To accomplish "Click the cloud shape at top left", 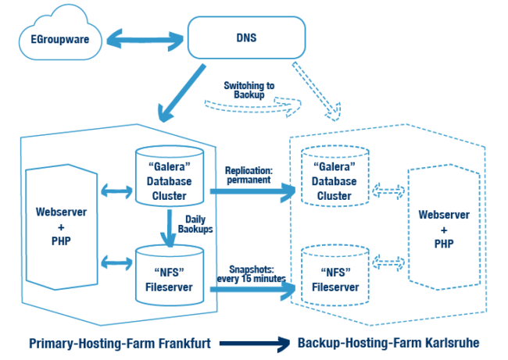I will click(55, 36).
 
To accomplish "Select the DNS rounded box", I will click(244, 37).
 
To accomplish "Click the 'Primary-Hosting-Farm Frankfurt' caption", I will click(116, 343).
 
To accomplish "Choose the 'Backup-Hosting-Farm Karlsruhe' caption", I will click(388, 343).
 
